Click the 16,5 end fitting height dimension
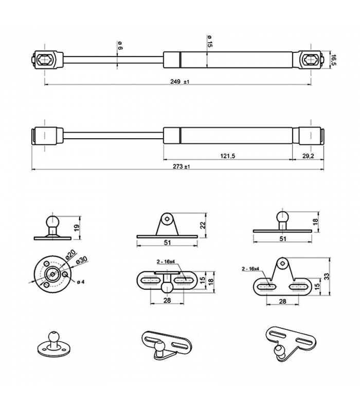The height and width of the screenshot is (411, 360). point(333,60)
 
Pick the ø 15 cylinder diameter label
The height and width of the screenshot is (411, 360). point(210,42)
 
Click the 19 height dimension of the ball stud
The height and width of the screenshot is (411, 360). point(76,228)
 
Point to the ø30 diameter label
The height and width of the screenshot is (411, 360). point(81,261)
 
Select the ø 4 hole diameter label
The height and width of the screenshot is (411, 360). point(81,282)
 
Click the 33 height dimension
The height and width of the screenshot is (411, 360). point(327,276)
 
